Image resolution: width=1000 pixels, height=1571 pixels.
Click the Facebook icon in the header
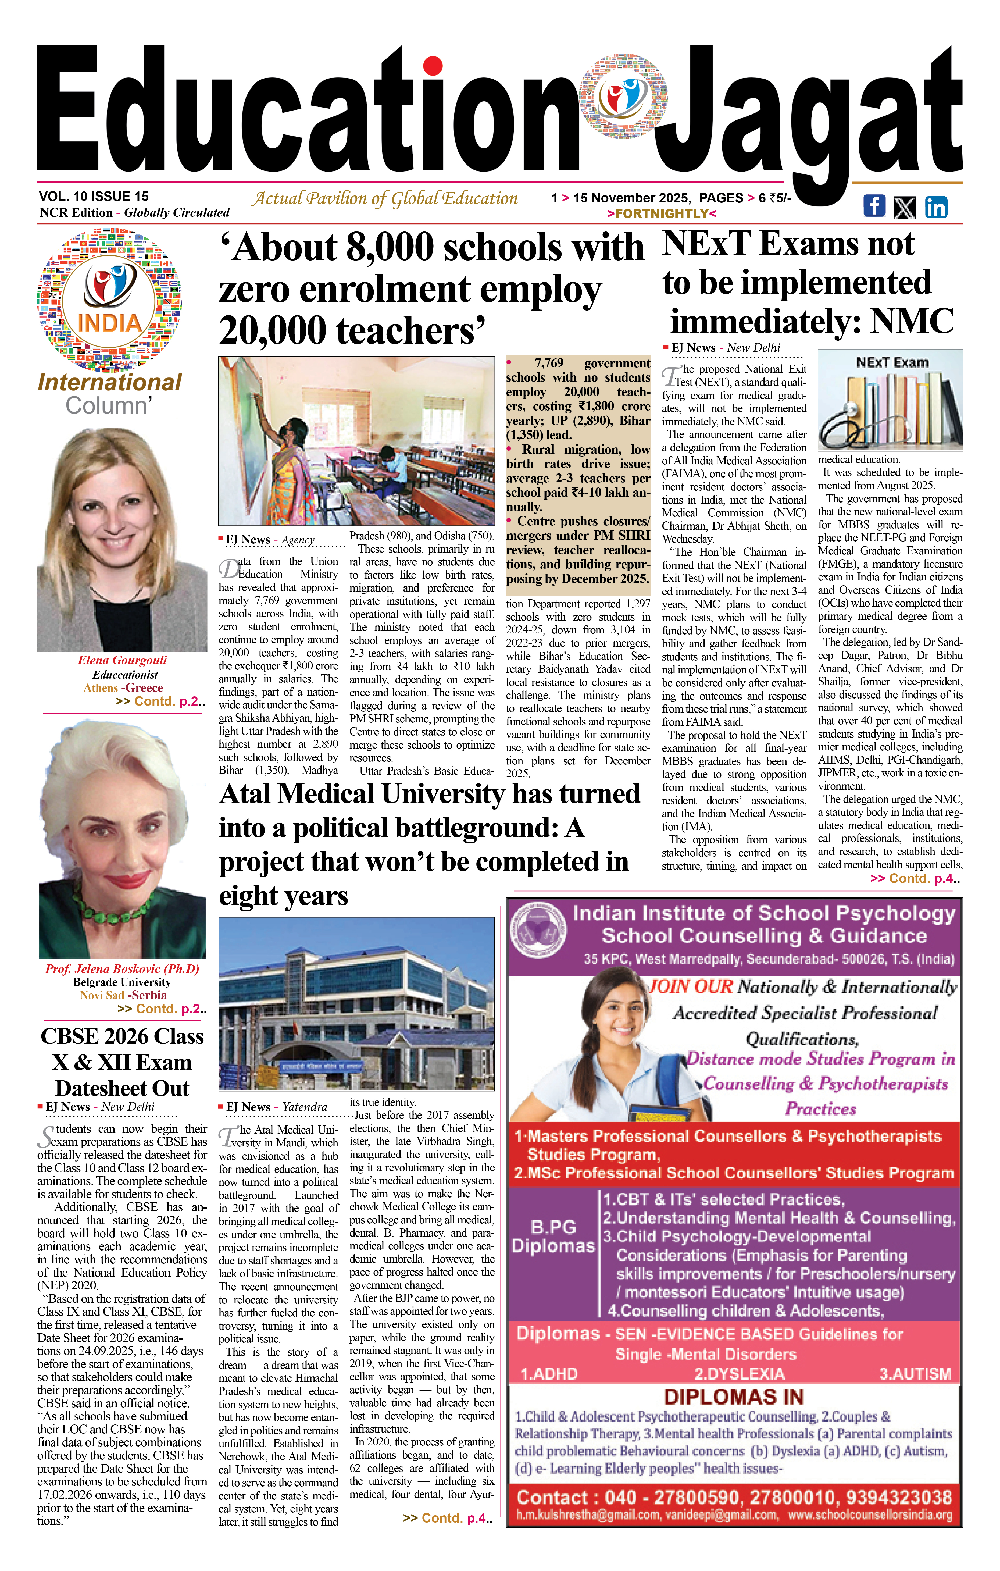(x=874, y=205)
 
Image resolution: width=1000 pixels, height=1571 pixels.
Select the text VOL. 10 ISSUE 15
(x=94, y=196)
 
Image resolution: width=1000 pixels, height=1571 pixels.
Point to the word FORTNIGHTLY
(x=662, y=213)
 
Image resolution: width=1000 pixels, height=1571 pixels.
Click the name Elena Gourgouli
(x=122, y=660)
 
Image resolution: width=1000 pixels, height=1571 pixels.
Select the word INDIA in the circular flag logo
(x=110, y=323)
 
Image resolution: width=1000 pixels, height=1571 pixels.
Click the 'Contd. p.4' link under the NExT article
(x=915, y=879)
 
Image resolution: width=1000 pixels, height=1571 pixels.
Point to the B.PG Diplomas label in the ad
(x=553, y=1236)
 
